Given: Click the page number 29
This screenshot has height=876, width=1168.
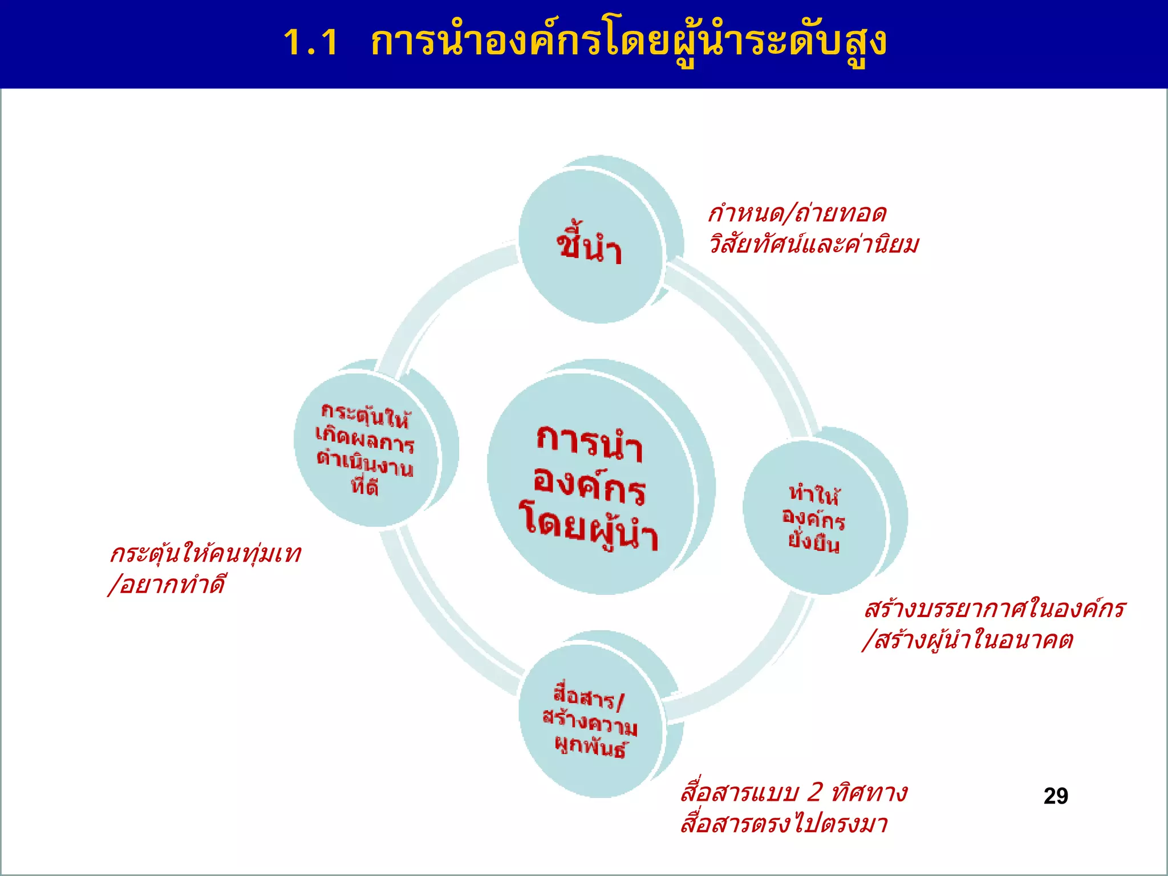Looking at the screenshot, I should pyautogui.click(x=1056, y=796).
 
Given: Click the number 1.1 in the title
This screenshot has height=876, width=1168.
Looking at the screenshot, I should pyautogui.click(x=311, y=42).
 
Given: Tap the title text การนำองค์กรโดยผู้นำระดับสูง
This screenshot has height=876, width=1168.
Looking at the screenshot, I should pyautogui.click(x=628, y=42).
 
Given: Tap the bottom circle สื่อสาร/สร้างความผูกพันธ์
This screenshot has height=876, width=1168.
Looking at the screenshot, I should pyautogui.click(x=591, y=721).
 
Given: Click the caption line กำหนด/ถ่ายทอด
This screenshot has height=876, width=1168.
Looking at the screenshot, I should pyautogui.click(x=797, y=214).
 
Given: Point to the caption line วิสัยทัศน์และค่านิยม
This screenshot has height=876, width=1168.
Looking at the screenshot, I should pyautogui.click(x=814, y=245).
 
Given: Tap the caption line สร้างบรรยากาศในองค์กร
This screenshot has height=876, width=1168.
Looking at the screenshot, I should pyautogui.click(x=995, y=609).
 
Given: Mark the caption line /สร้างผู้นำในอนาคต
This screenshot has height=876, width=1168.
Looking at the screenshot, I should pyautogui.click(x=968, y=640).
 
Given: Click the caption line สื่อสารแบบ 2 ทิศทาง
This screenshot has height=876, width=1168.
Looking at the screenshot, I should pyautogui.click(x=794, y=793).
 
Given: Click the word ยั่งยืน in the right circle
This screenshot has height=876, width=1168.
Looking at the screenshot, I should pyautogui.click(x=814, y=542).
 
